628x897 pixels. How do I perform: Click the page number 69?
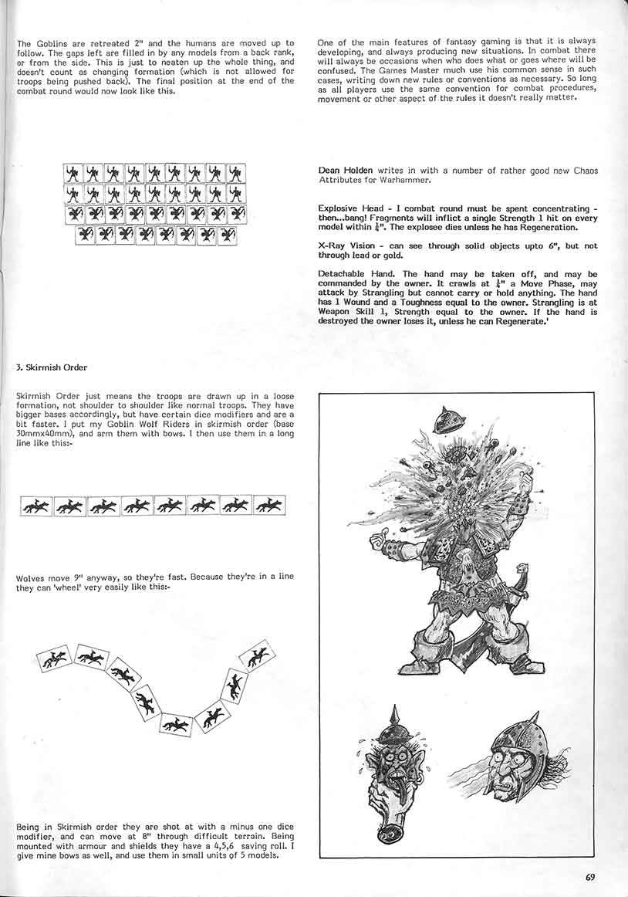[x=590, y=876]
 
